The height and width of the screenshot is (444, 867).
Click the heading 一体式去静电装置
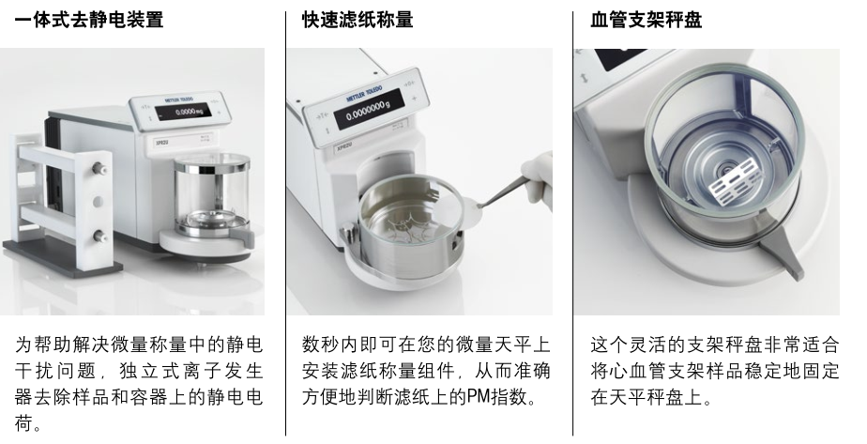coord(89,20)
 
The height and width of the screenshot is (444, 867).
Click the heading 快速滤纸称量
coord(357,20)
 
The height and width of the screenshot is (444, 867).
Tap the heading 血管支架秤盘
coord(646,20)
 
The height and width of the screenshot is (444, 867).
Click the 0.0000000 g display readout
coord(368,111)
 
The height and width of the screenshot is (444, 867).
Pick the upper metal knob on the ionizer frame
coord(100,167)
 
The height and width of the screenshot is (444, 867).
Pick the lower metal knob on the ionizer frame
coord(100,237)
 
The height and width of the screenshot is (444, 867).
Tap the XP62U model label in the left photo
coord(161,142)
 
